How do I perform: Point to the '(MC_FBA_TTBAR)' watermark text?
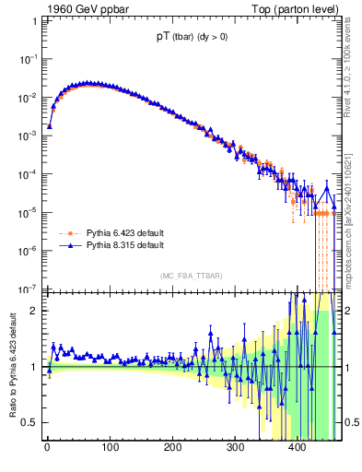point(192,277)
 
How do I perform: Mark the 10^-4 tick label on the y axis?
point(29,173)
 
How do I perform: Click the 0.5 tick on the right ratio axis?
point(351,423)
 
